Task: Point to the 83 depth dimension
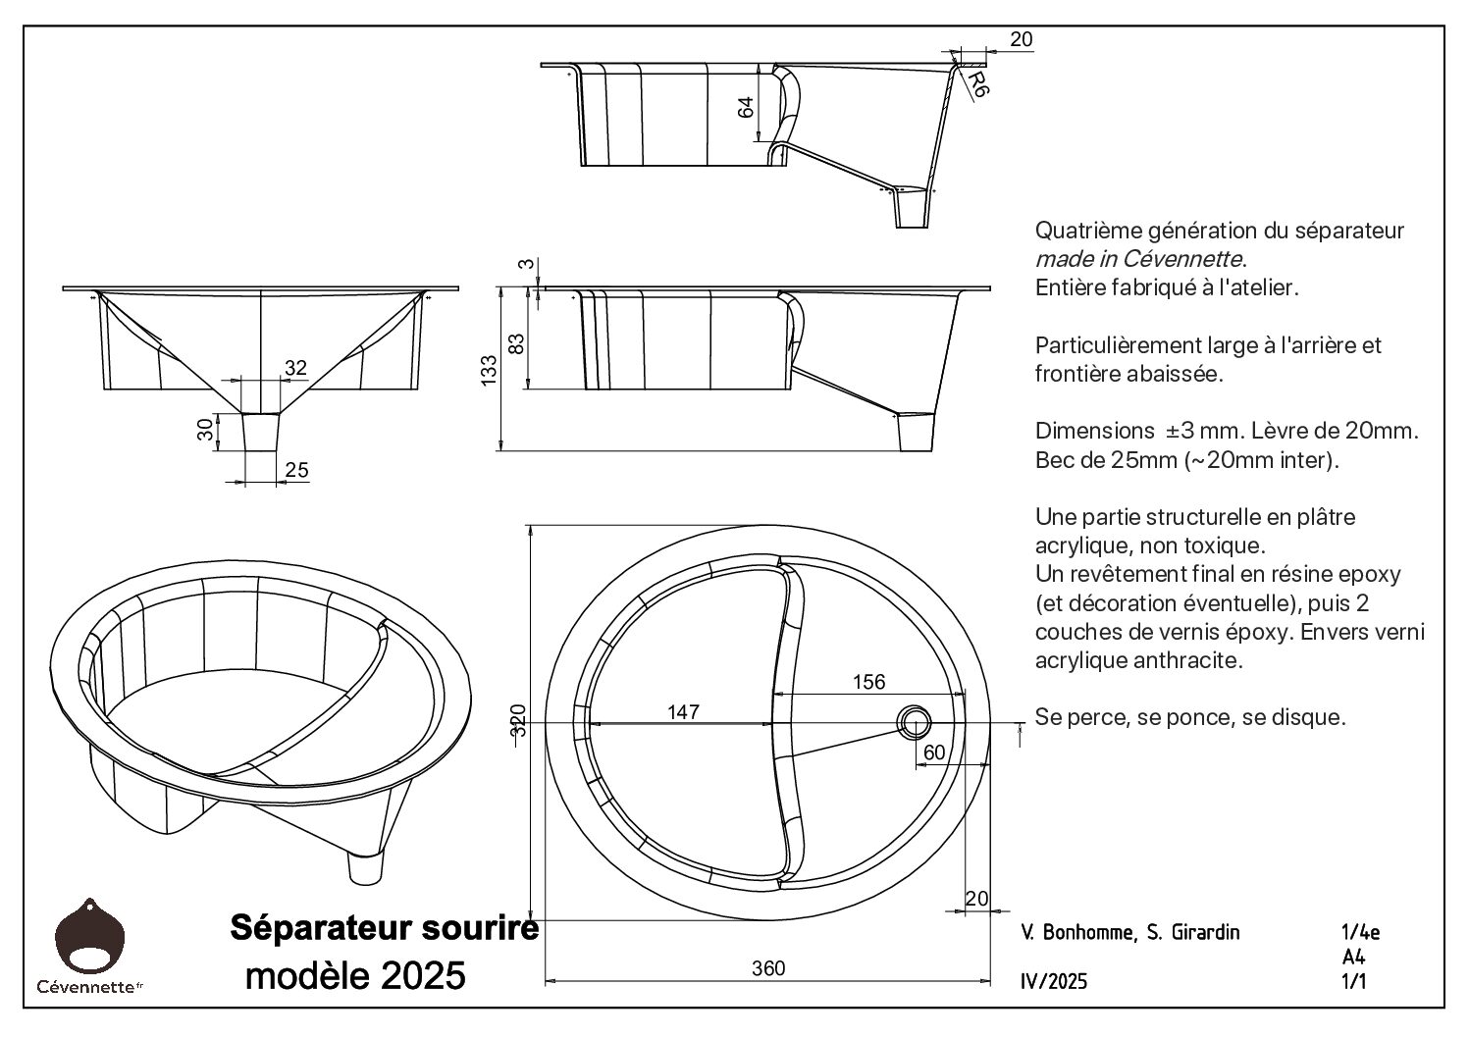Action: [518, 342]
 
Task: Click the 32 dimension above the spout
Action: [295, 368]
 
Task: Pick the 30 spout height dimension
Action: [205, 430]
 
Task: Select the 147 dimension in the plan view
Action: [683, 711]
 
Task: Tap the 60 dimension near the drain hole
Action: [934, 752]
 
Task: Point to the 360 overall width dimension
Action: [768, 968]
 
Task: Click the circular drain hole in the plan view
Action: [915, 721]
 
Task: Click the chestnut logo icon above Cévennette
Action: [90, 935]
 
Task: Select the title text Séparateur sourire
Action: [384, 927]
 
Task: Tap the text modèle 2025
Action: [355, 976]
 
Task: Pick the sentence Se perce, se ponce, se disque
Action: [1189, 717]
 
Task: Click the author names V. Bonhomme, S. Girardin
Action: [1129, 932]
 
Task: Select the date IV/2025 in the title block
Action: [1054, 982]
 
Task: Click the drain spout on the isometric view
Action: [366, 867]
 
